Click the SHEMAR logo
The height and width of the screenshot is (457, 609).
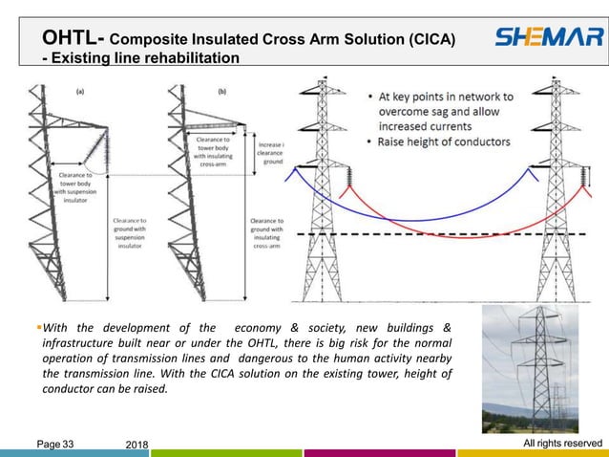pos(548,39)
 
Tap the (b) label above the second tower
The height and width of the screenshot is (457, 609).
pos(222,93)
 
